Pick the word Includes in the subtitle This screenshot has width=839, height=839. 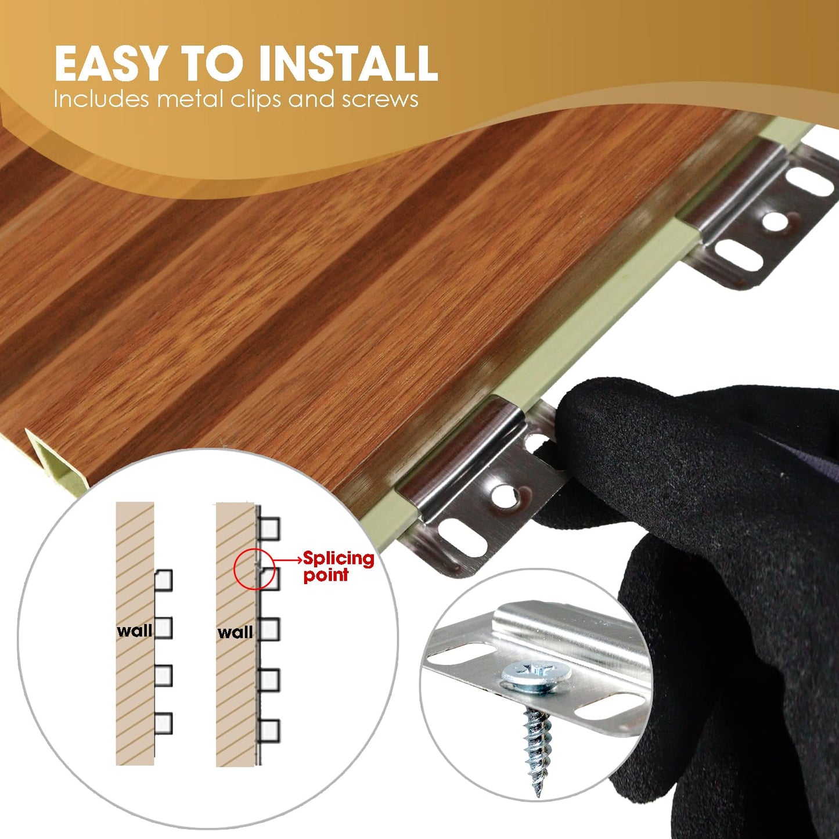[x=102, y=99]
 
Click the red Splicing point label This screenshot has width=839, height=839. [x=339, y=567]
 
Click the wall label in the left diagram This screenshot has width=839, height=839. [x=135, y=631]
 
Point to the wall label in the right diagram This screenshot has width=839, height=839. [x=235, y=632]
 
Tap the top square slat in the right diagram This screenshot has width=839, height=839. [x=269, y=529]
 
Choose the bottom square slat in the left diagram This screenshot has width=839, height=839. [x=163, y=723]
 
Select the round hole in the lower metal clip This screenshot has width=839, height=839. [x=502, y=495]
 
